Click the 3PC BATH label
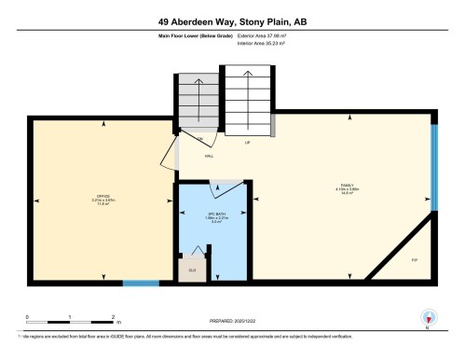(x=213, y=217)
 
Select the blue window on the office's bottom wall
(x=141, y=282)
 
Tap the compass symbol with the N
(x=427, y=317)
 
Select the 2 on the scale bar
(x=113, y=316)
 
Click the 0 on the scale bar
(x=28, y=316)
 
